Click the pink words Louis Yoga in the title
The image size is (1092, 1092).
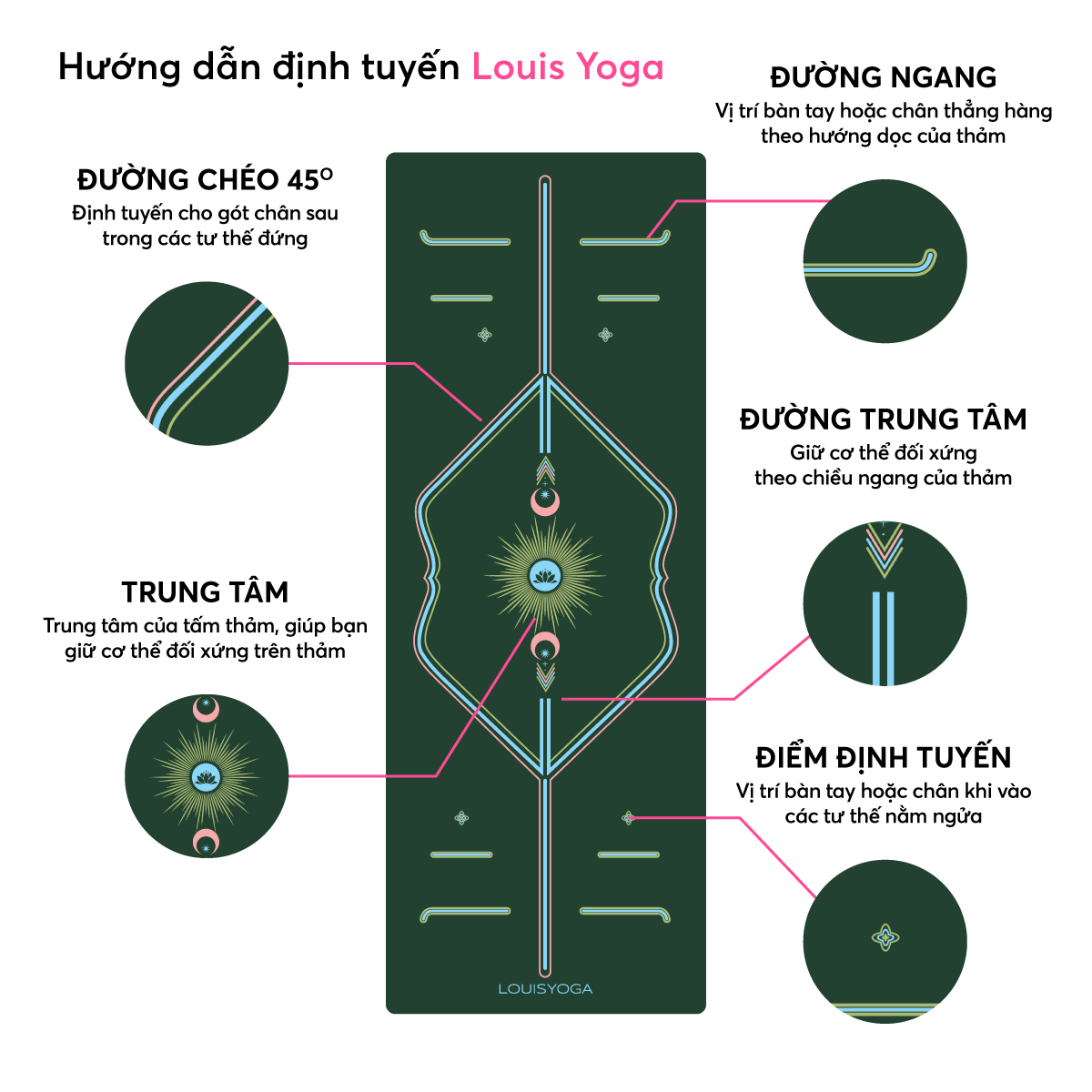[x=568, y=68]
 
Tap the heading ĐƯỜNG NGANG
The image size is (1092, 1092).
[x=883, y=77]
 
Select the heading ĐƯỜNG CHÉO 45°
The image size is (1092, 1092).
[x=205, y=179]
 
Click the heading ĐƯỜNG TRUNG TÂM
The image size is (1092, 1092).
[x=883, y=420]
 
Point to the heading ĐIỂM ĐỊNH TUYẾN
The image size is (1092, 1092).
[x=883, y=758]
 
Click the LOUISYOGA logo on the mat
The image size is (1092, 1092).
[x=545, y=988]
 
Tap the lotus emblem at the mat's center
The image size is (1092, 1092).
[x=545, y=575]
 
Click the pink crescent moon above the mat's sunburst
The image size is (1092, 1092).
[x=545, y=500]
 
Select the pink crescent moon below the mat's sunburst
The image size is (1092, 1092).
[x=545, y=647]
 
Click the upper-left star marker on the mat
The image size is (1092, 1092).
[x=485, y=335]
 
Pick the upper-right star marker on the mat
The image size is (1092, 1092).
[x=605, y=335]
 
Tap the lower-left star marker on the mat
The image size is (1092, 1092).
[x=461, y=818]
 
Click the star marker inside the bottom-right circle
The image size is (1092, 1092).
[x=885, y=936]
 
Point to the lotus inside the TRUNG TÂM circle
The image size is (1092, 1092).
[x=206, y=776]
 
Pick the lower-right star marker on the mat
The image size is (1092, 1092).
[x=628, y=818]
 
